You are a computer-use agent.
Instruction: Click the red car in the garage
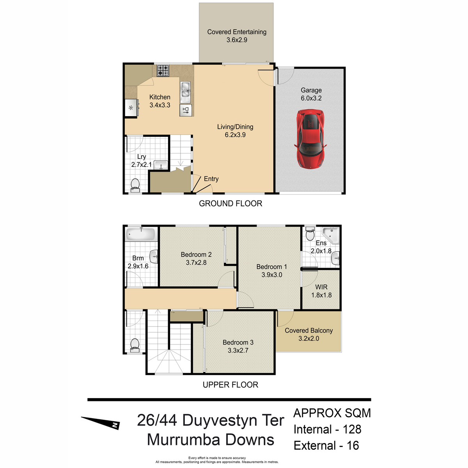[x=310, y=139]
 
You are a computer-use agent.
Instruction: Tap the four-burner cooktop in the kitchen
[x=163, y=71]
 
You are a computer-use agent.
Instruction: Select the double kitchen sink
[x=185, y=92]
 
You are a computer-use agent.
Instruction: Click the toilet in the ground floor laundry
[x=135, y=186]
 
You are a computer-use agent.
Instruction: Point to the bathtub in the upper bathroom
[x=141, y=234]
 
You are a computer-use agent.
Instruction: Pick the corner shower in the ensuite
[x=331, y=235]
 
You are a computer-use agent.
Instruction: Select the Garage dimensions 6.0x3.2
[x=311, y=98]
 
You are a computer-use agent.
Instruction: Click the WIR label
[x=321, y=287]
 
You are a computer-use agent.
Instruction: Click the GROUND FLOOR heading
[x=230, y=204]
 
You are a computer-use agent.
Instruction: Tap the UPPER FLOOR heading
[x=230, y=385]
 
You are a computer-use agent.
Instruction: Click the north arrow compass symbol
[x=101, y=423]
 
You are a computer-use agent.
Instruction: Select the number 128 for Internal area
[x=352, y=429]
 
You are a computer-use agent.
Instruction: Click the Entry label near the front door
[x=211, y=179]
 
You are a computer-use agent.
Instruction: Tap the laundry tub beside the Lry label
[x=161, y=165]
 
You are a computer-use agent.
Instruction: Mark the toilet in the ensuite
[x=310, y=234]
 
